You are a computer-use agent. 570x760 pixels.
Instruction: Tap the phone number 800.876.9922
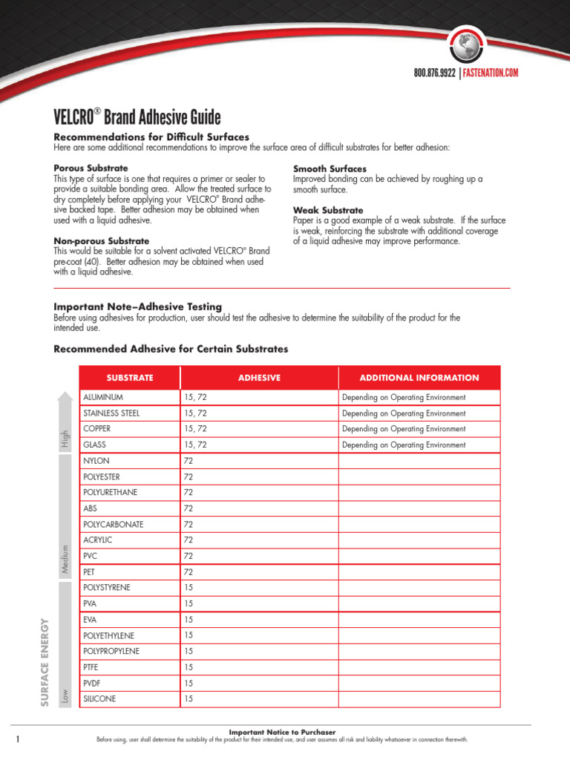(434, 73)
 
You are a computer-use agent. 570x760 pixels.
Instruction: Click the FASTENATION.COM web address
(491, 73)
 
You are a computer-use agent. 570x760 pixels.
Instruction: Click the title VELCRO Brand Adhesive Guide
(137, 118)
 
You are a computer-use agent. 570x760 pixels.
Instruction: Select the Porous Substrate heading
(91, 168)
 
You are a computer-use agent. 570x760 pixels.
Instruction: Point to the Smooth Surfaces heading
(330, 169)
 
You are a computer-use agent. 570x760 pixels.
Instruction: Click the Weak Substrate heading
(328, 210)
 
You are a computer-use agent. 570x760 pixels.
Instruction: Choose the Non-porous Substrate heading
(101, 241)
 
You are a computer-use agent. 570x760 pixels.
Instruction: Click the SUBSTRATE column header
(130, 378)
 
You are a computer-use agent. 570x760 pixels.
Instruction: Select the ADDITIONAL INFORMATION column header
(419, 378)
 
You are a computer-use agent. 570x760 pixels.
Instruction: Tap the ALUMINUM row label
(105, 398)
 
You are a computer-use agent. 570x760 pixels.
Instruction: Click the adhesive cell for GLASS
(195, 445)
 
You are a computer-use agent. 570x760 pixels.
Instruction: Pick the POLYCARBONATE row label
(114, 524)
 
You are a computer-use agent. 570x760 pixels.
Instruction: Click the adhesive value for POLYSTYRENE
(189, 588)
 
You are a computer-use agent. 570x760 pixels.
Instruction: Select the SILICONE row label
(100, 699)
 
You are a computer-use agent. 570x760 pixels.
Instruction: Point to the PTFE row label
(91, 667)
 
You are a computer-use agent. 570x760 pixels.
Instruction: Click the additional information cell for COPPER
(404, 429)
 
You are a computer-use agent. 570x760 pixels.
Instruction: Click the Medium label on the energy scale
(65, 560)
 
